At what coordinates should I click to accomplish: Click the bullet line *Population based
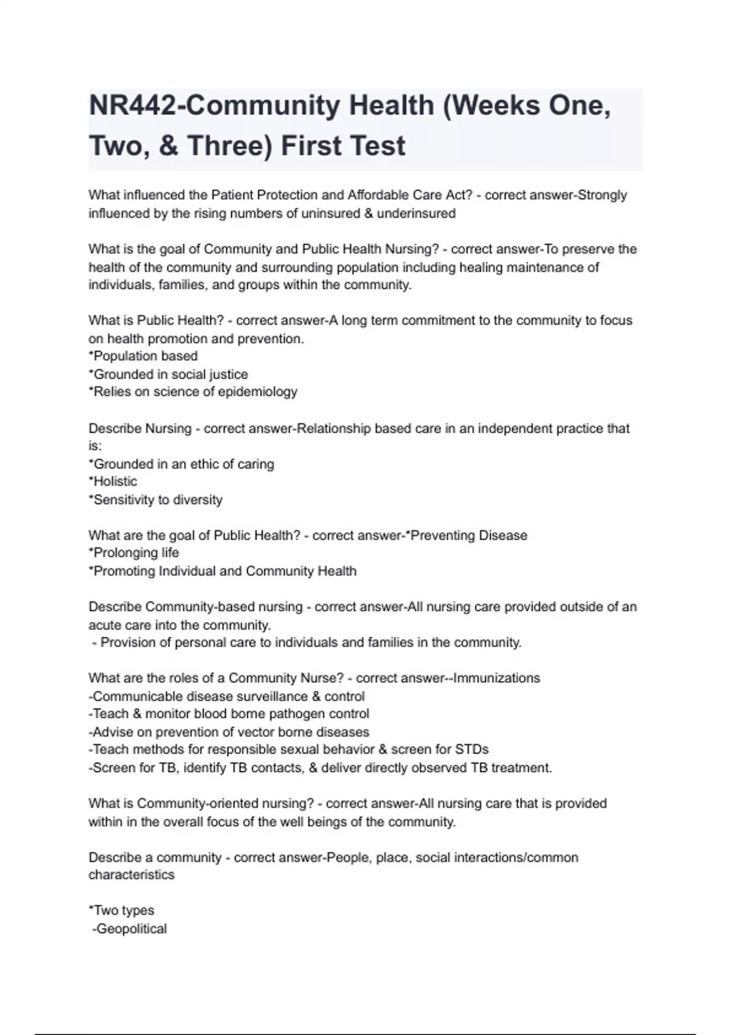[143, 356]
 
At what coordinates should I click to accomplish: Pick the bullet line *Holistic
[113, 482]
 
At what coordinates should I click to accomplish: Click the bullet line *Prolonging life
[134, 553]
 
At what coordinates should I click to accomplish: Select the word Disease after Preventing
[503, 536]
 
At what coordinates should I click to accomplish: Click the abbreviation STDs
[472, 749]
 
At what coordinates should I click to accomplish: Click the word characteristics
[132, 875]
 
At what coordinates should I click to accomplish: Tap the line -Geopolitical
[129, 929]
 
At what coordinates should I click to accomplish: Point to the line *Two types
[122, 911]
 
